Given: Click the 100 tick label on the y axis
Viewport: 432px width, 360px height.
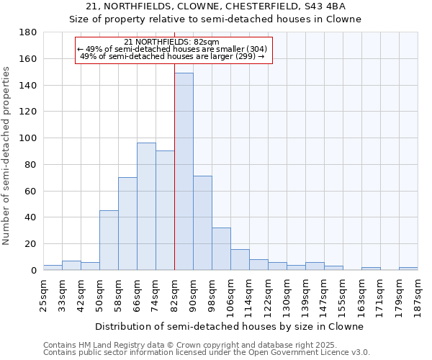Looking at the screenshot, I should coord(28,138).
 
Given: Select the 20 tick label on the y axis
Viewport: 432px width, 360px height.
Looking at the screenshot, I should coord(31,244).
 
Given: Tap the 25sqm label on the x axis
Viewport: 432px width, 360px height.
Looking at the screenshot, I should coord(43,294).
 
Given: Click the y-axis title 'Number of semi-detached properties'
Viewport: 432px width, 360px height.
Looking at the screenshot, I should coord(7,155).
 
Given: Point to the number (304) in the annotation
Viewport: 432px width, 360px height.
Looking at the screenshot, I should coord(256,49).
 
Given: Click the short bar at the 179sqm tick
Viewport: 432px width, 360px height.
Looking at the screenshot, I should coord(408,268).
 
